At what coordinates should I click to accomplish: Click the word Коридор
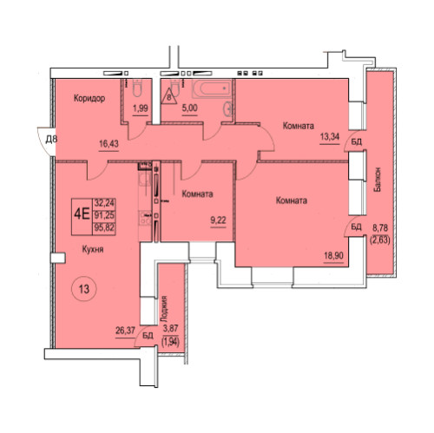click(x=89, y=98)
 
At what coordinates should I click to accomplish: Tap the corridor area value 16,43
click(x=108, y=143)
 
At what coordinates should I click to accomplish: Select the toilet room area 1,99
click(x=141, y=108)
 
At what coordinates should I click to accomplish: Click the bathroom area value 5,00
click(x=190, y=108)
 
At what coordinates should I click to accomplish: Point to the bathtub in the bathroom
click(x=213, y=89)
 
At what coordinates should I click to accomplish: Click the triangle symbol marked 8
click(x=169, y=96)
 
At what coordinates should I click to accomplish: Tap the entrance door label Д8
click(x=51, y=140)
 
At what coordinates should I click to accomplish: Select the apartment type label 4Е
click(x=82, y=215)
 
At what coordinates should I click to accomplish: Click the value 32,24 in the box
click(x=104, y=203)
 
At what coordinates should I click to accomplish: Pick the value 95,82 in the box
click(x=104, y=228)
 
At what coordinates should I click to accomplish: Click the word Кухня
click(x=93, y=249)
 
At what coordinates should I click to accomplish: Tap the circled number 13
click(x=84, y=289)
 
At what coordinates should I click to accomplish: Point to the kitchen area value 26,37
click(x=125, y=331)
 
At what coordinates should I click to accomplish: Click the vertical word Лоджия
click(x=164, y=309)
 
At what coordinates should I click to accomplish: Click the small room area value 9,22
click(x=218, y=220)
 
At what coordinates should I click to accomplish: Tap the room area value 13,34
click(x=330, y=136)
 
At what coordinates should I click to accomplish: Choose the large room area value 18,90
click(x=333, y=256)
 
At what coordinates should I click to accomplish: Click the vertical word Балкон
click(x=377, y=180)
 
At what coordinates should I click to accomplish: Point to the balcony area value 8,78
click(x=380, y=228)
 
